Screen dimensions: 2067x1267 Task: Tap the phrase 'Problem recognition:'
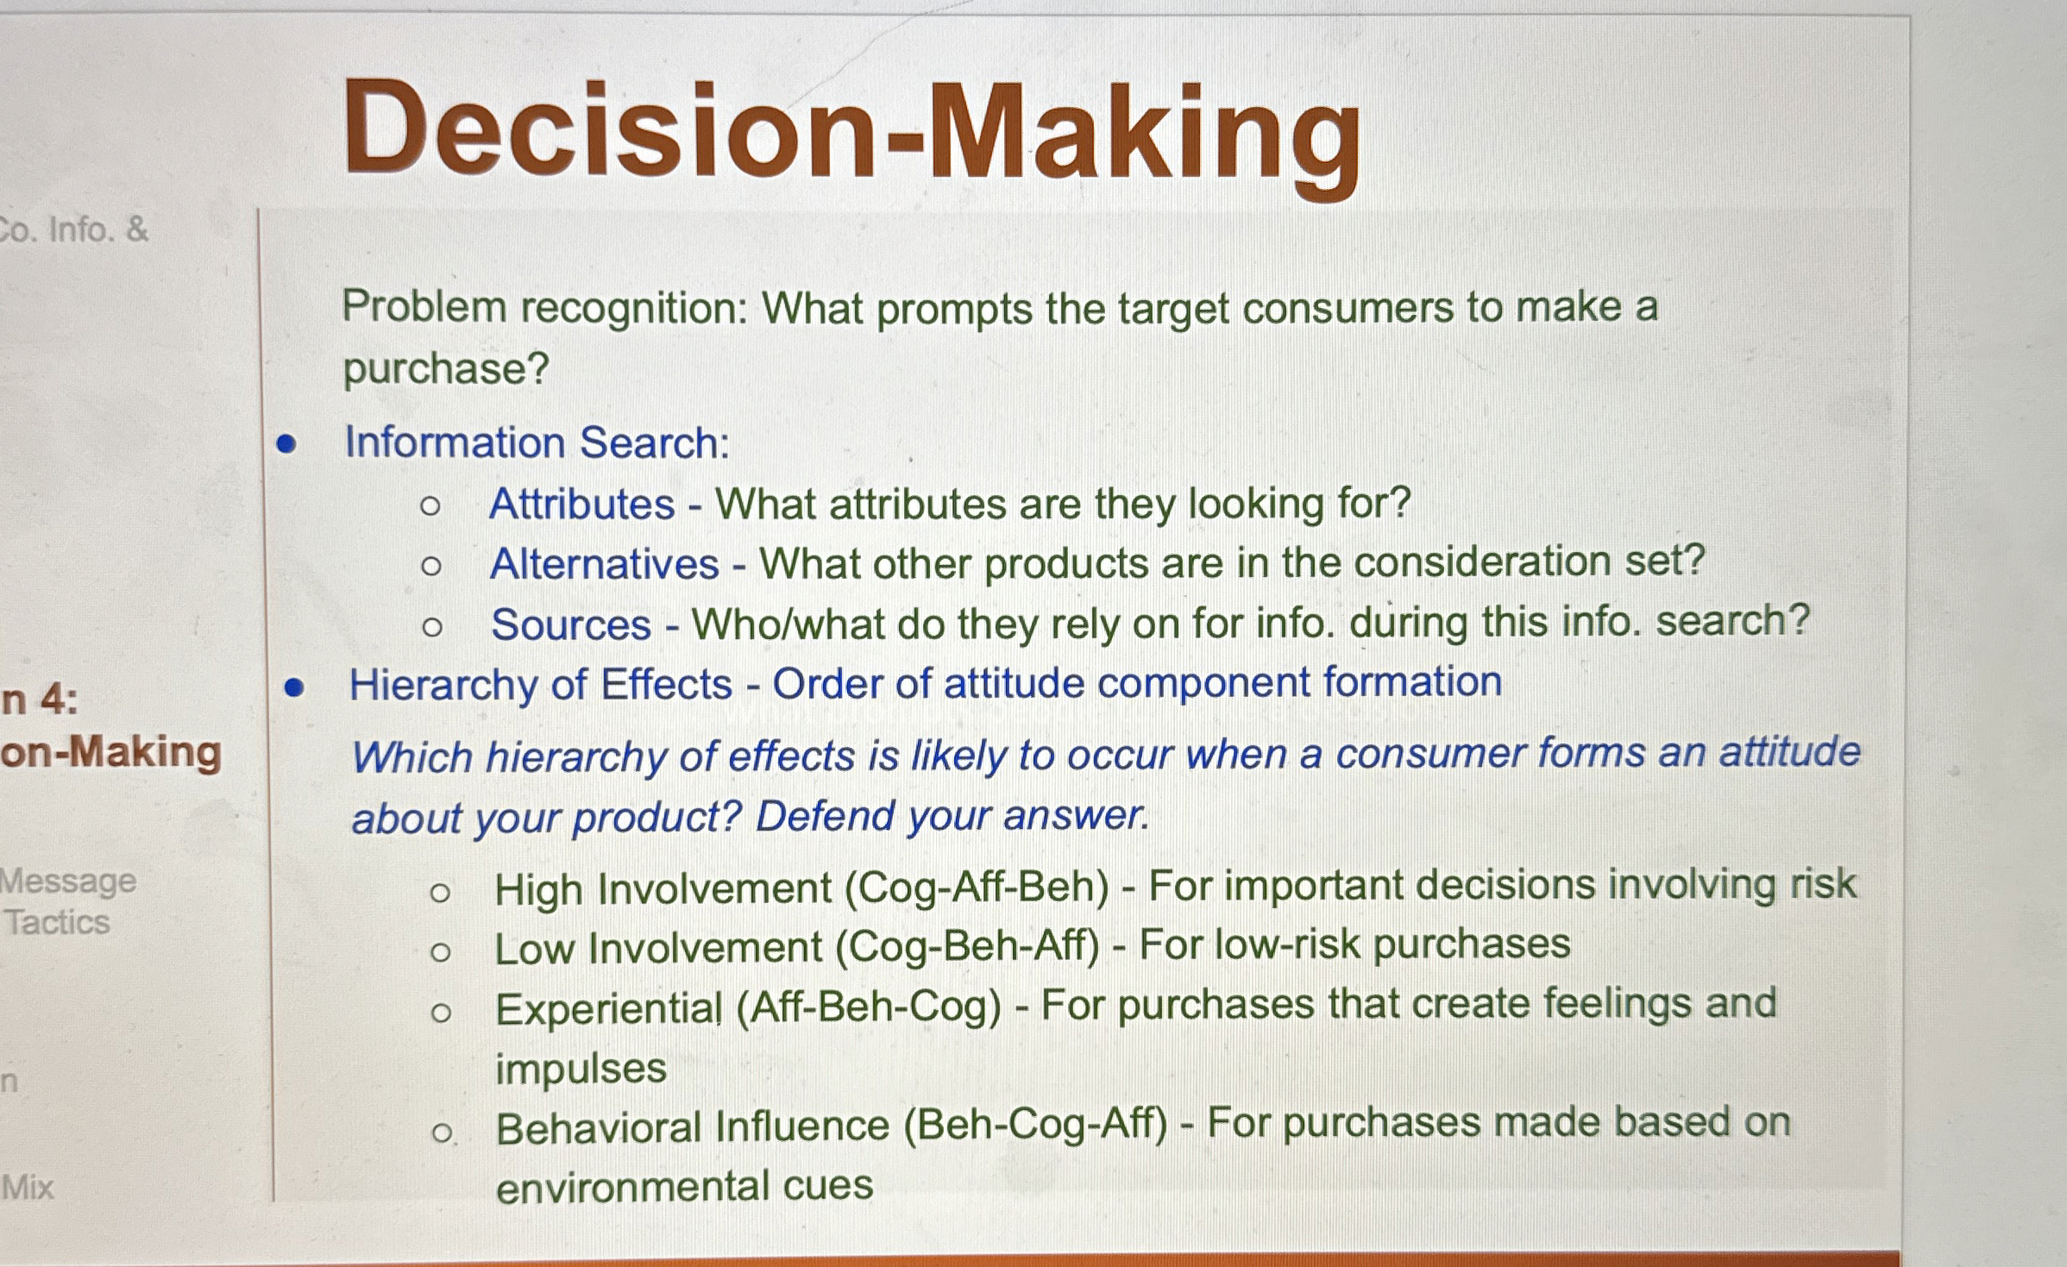pos(545,309)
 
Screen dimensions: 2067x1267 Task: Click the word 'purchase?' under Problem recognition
pos(446,369)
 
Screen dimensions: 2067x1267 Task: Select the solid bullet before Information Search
pos(286,445)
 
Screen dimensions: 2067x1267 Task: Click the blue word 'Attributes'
pos(581,504)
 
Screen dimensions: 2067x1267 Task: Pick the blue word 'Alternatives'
pos(604,565)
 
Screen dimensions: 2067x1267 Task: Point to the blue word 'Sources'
pos(571,624)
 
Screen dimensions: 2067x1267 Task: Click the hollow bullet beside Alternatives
pos(431,567)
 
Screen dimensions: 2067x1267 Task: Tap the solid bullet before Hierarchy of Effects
pos(295,687)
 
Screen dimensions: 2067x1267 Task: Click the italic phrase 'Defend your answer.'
pos(952,816)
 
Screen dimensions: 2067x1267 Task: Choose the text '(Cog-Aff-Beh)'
pos(977,889)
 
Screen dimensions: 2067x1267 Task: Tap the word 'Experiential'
pos(610,1009)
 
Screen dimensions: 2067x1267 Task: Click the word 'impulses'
pos(581,1069)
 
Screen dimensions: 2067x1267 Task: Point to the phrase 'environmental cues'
pos(685,1186)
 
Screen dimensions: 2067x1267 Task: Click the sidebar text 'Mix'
pos(27,1188)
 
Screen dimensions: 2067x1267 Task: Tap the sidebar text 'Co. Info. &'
pos(74,229)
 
